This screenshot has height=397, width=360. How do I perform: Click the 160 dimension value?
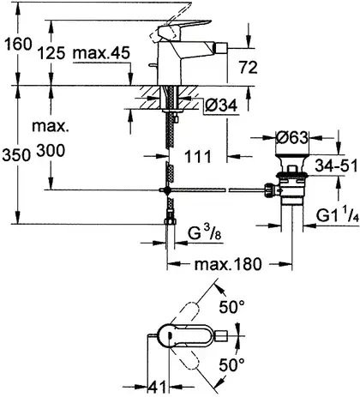click(19, 45)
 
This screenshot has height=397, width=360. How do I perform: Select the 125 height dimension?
click(51, 53)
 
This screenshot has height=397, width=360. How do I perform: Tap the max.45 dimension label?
click(102, 53)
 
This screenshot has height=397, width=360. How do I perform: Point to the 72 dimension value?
click(248, 67)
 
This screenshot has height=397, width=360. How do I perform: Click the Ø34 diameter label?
click(221, 105)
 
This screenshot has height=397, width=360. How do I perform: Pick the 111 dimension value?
click(198, 156)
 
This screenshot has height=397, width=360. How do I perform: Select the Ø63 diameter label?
click(292, 138)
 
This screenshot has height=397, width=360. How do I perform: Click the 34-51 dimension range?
click(336, 165)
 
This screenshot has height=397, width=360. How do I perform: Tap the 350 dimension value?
click(16, 155)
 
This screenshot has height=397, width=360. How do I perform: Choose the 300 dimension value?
click(51, 150)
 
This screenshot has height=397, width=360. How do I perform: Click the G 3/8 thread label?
click(204, 232)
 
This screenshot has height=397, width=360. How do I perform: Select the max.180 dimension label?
click(228, 264)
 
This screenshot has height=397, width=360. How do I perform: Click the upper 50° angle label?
click(231, 307)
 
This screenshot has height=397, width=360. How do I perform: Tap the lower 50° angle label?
click(231, 364)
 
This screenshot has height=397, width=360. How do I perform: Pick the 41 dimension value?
click(157, 388)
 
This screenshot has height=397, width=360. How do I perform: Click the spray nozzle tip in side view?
click(222, 46)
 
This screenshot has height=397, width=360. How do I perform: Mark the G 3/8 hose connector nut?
click(171, 220)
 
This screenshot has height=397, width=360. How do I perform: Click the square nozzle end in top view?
click(222, 335)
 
